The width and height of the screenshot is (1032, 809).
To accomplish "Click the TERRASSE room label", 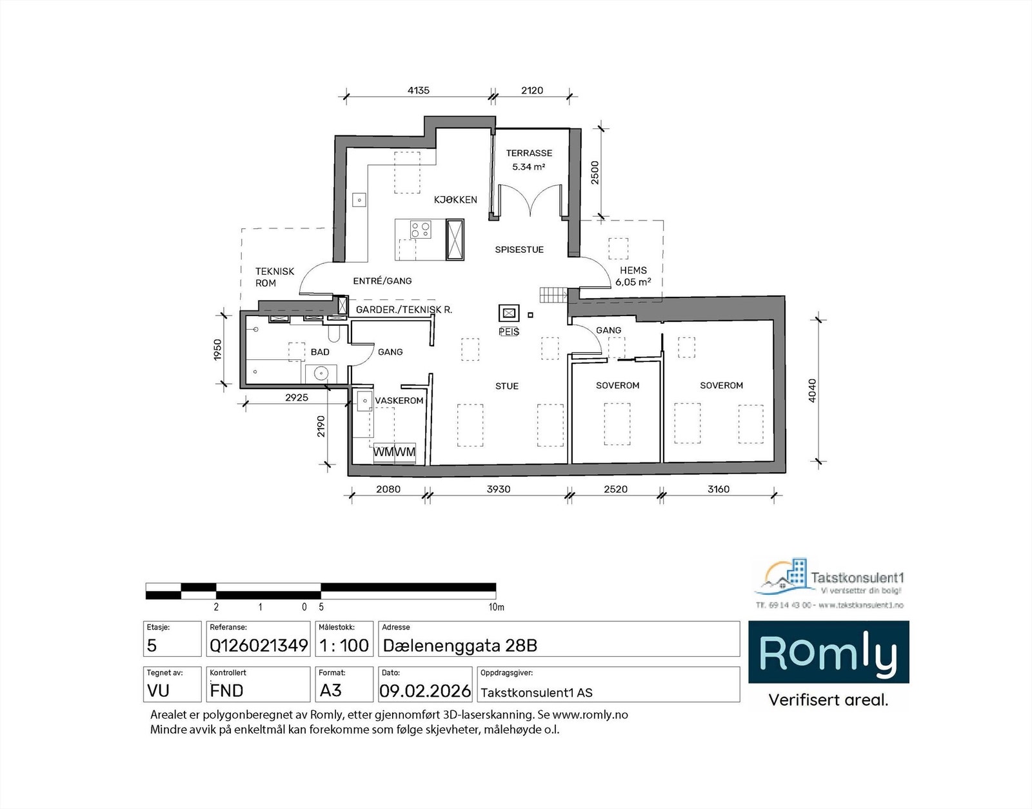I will point(529,153).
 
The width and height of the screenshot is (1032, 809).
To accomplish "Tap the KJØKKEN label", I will point(455,199).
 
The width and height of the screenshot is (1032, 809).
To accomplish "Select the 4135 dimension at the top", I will point(418,90).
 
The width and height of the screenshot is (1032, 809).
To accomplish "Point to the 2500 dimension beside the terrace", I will point(595,172).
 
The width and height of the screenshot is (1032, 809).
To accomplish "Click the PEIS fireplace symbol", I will point(509,314).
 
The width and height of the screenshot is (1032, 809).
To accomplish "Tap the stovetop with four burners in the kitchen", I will point(421,229).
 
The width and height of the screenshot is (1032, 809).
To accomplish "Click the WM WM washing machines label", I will point(394,452).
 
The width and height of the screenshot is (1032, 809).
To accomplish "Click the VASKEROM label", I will point(399,401).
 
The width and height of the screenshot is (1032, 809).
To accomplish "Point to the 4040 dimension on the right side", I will point(812,390).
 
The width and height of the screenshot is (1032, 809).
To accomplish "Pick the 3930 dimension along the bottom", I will point(498,489).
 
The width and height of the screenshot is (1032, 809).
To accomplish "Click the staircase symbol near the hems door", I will point(553,295).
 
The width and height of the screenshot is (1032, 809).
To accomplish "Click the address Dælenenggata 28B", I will point(460,645).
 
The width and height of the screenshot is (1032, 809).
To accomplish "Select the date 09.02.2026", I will point(425,691).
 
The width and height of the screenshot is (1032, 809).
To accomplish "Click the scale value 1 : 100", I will point(344,645).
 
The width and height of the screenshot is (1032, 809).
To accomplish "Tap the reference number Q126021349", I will point(259,645).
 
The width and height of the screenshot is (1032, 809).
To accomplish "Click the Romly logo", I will point(828,652).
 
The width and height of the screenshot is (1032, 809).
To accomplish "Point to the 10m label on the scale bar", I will point(496,607).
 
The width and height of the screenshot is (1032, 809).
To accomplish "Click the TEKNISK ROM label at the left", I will point(274,277).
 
